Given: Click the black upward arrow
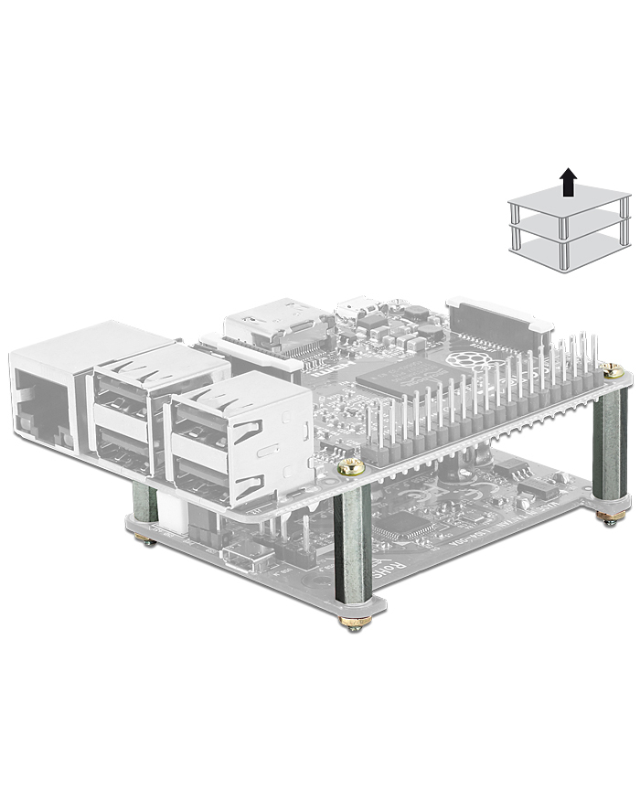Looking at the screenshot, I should (x=569, y=181).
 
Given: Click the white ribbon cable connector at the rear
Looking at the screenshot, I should (x=498, y=315).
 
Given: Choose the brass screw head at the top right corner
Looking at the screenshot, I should (x=614, y=371).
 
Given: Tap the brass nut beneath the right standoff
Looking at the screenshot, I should (x=606, y=518).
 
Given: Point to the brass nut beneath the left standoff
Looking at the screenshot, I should (x=146, y=540).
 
